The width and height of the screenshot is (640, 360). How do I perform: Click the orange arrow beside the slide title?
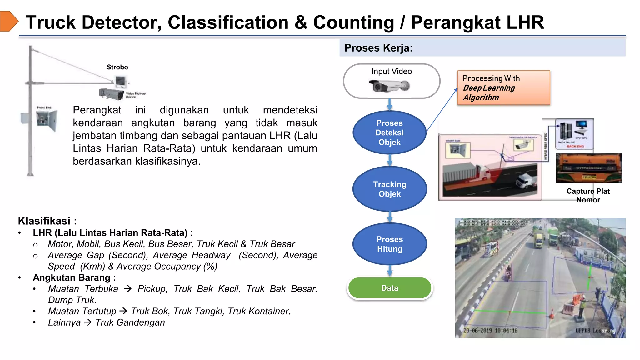click(9, 21)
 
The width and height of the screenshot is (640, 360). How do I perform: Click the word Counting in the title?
click(353, 22)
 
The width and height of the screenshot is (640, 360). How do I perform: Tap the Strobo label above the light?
click(117, 67)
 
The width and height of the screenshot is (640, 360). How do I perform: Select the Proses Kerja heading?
click(378, 48)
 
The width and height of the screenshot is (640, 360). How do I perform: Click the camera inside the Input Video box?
click(389, 86)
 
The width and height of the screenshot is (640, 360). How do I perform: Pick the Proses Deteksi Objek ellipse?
click(389, 132)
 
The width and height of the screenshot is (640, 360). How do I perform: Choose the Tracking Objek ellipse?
click(389, 189)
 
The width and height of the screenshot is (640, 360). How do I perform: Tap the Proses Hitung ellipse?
click(389, 244)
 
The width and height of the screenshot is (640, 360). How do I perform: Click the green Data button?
click(389, 288)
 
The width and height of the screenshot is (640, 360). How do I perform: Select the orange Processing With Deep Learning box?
click(503, 88)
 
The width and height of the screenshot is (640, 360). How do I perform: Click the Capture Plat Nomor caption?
click(588, 195)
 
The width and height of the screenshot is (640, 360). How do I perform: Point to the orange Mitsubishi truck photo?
click(588, 168)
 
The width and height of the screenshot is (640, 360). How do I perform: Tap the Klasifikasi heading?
click(47, 221)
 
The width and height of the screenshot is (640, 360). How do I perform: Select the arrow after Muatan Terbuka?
click(127, 289)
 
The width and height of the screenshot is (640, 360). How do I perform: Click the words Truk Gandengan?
click(130, 322)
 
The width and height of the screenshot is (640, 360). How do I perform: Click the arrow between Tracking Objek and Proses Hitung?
click(390, 217)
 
